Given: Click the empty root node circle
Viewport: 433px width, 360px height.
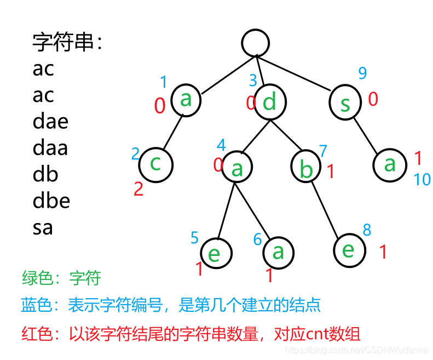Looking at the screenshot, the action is click(256, 43).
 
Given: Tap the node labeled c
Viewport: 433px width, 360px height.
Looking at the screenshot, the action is click(155, 164).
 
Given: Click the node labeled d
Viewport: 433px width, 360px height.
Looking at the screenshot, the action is click(269, 102).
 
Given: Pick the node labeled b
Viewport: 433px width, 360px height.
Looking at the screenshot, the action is click(307, 168).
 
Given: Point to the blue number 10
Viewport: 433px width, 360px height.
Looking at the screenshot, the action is click(422, 179).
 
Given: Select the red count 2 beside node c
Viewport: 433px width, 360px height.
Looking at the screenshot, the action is click(138, 190).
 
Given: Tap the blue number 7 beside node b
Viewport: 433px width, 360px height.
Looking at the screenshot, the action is click(323, 151).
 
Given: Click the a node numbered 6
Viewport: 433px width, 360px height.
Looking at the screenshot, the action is click(278, 253).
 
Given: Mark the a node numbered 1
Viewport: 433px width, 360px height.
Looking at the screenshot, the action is click(186, 100).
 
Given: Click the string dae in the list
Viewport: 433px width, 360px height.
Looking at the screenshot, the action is click(50, 121).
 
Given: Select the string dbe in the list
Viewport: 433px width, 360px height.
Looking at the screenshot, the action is click(51, 201).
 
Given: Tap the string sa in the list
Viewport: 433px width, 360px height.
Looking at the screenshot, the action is click(43, 227).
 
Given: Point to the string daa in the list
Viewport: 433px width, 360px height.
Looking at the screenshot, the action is click(50, 147).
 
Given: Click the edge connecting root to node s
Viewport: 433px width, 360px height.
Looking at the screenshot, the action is click(301, 73).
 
